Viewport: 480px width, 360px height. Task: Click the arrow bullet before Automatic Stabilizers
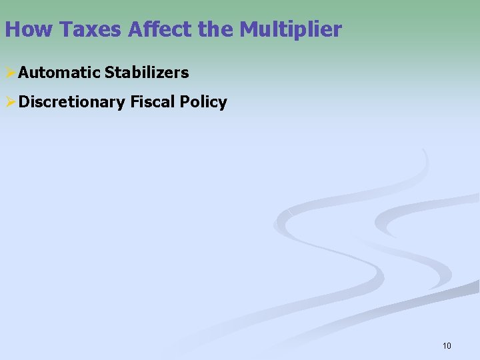point(10,72)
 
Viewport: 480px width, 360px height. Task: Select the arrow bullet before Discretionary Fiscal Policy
point(10,102)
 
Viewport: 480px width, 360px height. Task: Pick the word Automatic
point(60,72)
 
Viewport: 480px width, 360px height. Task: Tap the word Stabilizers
point(147,72)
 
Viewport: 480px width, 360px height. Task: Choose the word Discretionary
point(72,102)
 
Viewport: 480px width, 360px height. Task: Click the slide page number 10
point(447,345)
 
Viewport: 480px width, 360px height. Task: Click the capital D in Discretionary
point(24,102)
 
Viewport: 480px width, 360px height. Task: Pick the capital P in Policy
point(187,102)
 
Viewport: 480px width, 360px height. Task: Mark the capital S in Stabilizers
point(110,72)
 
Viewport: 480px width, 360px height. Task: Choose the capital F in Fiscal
point(135,102)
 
